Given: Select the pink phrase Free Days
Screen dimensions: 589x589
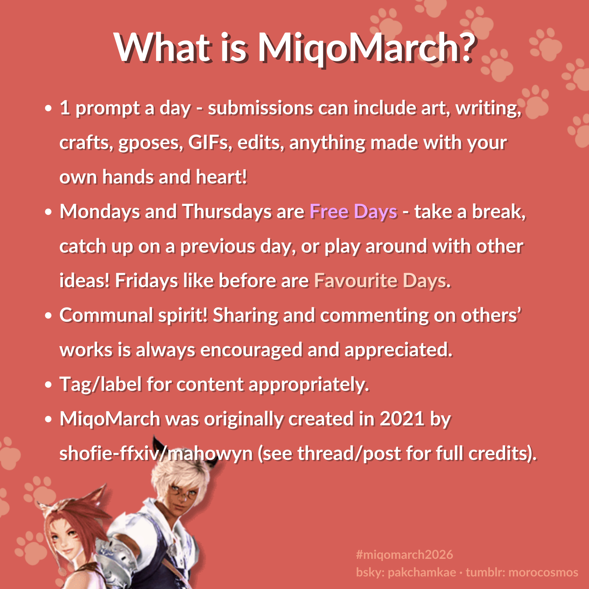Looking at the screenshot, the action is point(353,212).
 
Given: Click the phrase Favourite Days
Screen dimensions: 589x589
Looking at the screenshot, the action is point(380,281).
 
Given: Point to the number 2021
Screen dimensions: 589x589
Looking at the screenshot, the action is point(402,419).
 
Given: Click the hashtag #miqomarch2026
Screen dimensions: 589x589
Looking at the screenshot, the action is point(405,555).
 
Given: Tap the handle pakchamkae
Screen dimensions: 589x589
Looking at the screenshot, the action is point(422,572).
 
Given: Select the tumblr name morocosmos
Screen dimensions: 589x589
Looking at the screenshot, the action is point(543,572).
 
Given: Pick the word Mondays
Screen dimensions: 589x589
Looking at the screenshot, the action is point(100,211).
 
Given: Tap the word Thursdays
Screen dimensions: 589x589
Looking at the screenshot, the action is point(226,211).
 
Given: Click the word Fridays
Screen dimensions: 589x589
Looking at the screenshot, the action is point(146,281).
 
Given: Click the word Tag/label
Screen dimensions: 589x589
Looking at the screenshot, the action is point(101,384).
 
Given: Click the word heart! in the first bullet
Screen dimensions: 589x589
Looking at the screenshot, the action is point(221,177).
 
